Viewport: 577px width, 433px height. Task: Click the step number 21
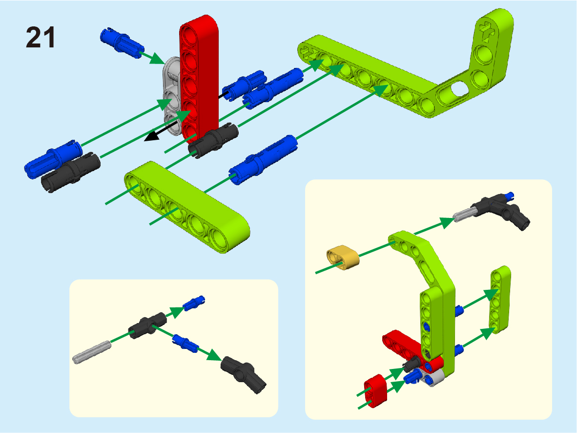(41, 37)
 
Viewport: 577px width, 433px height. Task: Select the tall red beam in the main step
(199, 77)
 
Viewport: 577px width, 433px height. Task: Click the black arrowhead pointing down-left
(152, 136)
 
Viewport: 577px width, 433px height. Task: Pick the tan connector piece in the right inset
(343, 257)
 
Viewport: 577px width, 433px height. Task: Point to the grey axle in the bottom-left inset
(92, 352)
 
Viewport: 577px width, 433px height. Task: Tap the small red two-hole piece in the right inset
(376, 390)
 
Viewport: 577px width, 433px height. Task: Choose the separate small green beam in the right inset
(500, 299)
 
